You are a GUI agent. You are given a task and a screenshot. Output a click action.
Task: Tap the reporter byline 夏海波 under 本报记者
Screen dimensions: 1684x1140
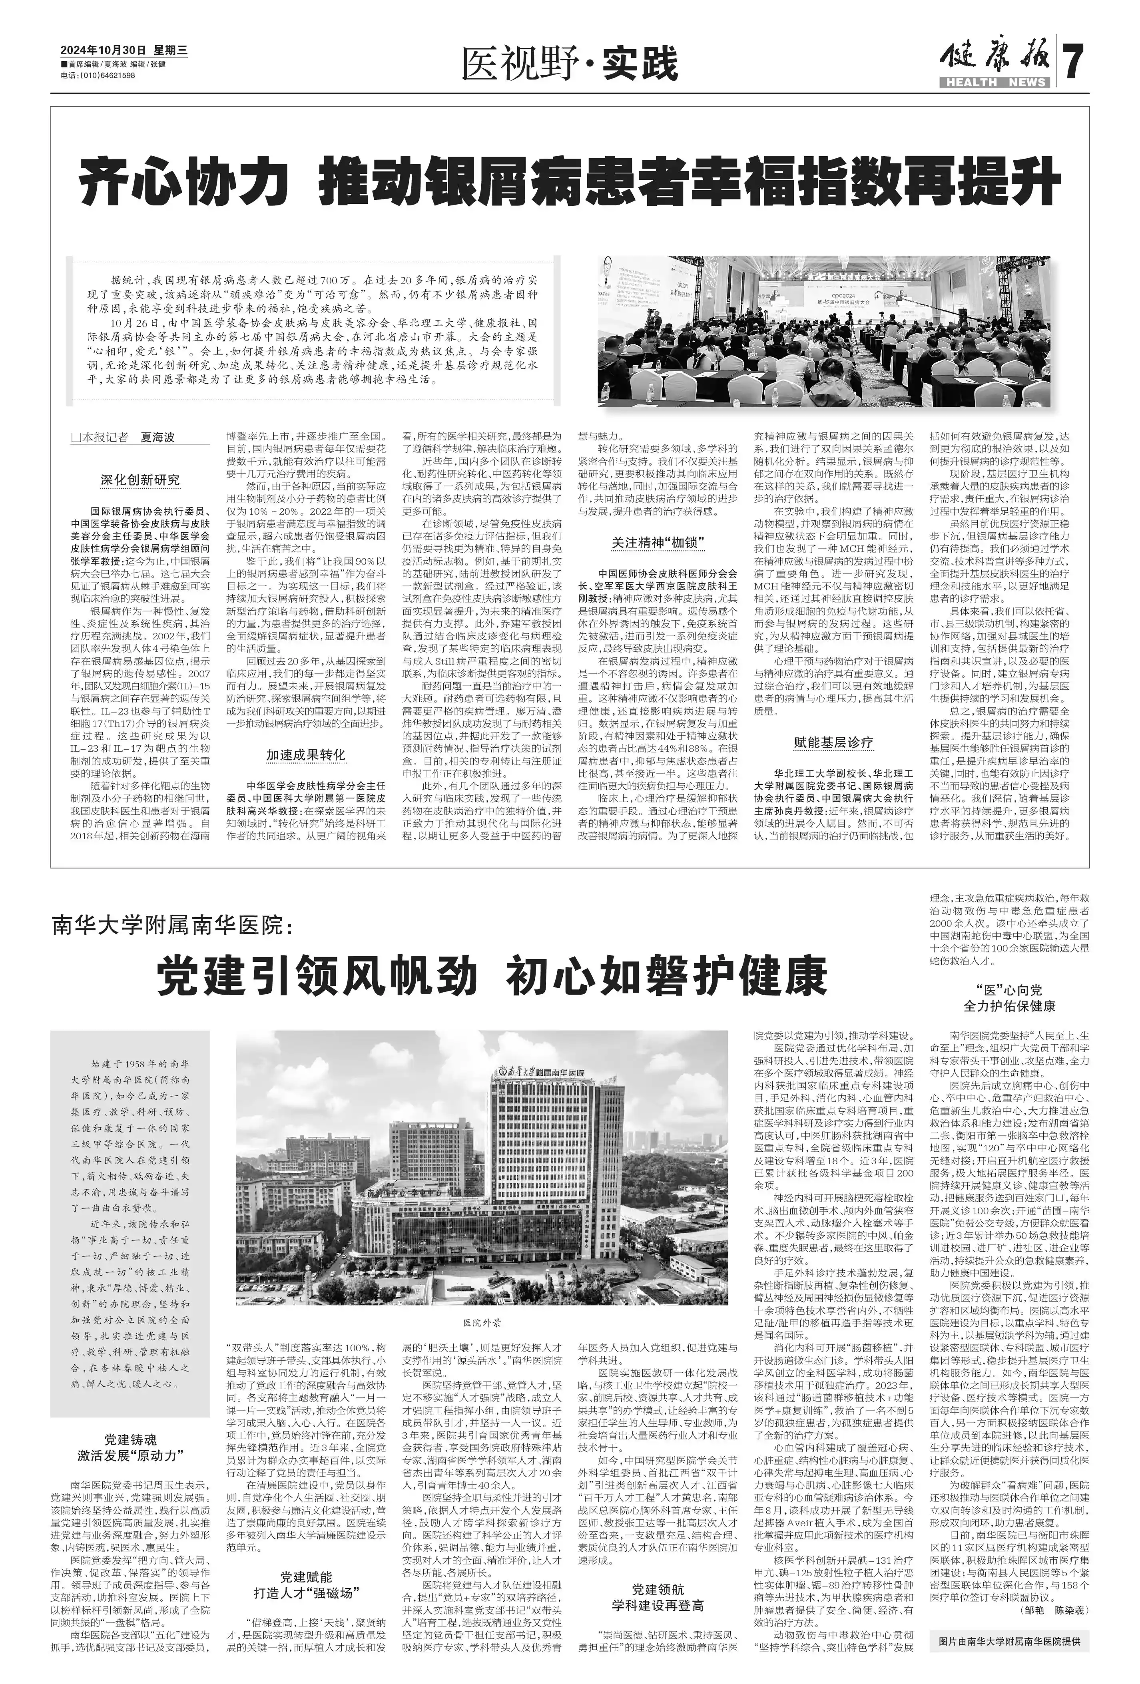tap(158, 438)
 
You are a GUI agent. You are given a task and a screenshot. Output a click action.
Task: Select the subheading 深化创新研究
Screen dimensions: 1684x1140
tap(140, 480)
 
